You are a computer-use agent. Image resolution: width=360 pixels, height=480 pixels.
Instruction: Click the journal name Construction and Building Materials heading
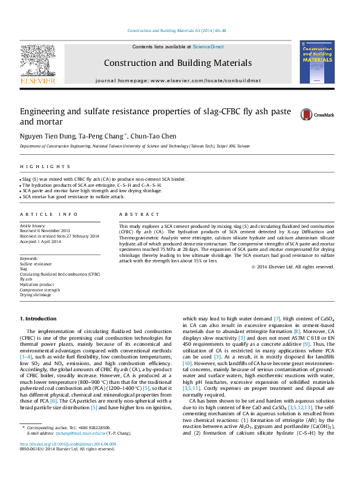(x=178, y=63)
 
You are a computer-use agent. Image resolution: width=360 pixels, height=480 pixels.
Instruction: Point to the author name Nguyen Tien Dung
(x=39, y=137)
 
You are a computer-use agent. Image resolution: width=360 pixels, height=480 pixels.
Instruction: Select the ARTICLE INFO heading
(x=49, y=215)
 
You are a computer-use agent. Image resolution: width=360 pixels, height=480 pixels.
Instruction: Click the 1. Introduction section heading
(x=39, y=318)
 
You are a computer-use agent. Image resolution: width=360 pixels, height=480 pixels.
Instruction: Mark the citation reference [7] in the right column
(x=277, y=318)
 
